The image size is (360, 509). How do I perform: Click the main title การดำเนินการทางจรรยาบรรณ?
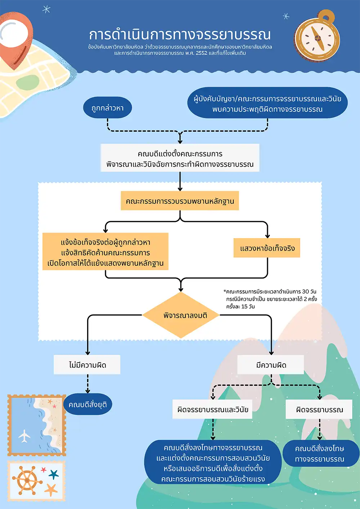(180, 35)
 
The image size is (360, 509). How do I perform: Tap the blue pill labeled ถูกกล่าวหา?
(107, 108)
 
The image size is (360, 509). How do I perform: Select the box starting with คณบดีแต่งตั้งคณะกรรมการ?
(180, 158)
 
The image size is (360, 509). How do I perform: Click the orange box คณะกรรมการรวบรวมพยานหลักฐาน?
(180, 201)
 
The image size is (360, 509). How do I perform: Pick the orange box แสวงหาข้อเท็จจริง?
(267, 248)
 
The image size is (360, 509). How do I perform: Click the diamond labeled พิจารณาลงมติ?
(181, 315)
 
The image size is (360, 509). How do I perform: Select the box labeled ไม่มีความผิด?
(87, 365)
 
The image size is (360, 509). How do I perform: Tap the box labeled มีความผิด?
(271, 365)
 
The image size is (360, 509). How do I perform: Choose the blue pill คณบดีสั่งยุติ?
(87, 405)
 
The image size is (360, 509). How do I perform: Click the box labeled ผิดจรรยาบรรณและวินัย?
(212, 409)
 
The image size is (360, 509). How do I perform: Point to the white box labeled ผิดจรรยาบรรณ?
(319, 409)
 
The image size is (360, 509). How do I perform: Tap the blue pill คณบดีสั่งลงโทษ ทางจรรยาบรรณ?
(319, 454)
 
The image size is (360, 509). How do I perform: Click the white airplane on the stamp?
(24, 436)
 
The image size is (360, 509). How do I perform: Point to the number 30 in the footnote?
(305, 291)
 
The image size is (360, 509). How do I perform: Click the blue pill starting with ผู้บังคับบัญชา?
(267, 103)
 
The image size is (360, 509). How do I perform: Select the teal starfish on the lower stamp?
(54, 474)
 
